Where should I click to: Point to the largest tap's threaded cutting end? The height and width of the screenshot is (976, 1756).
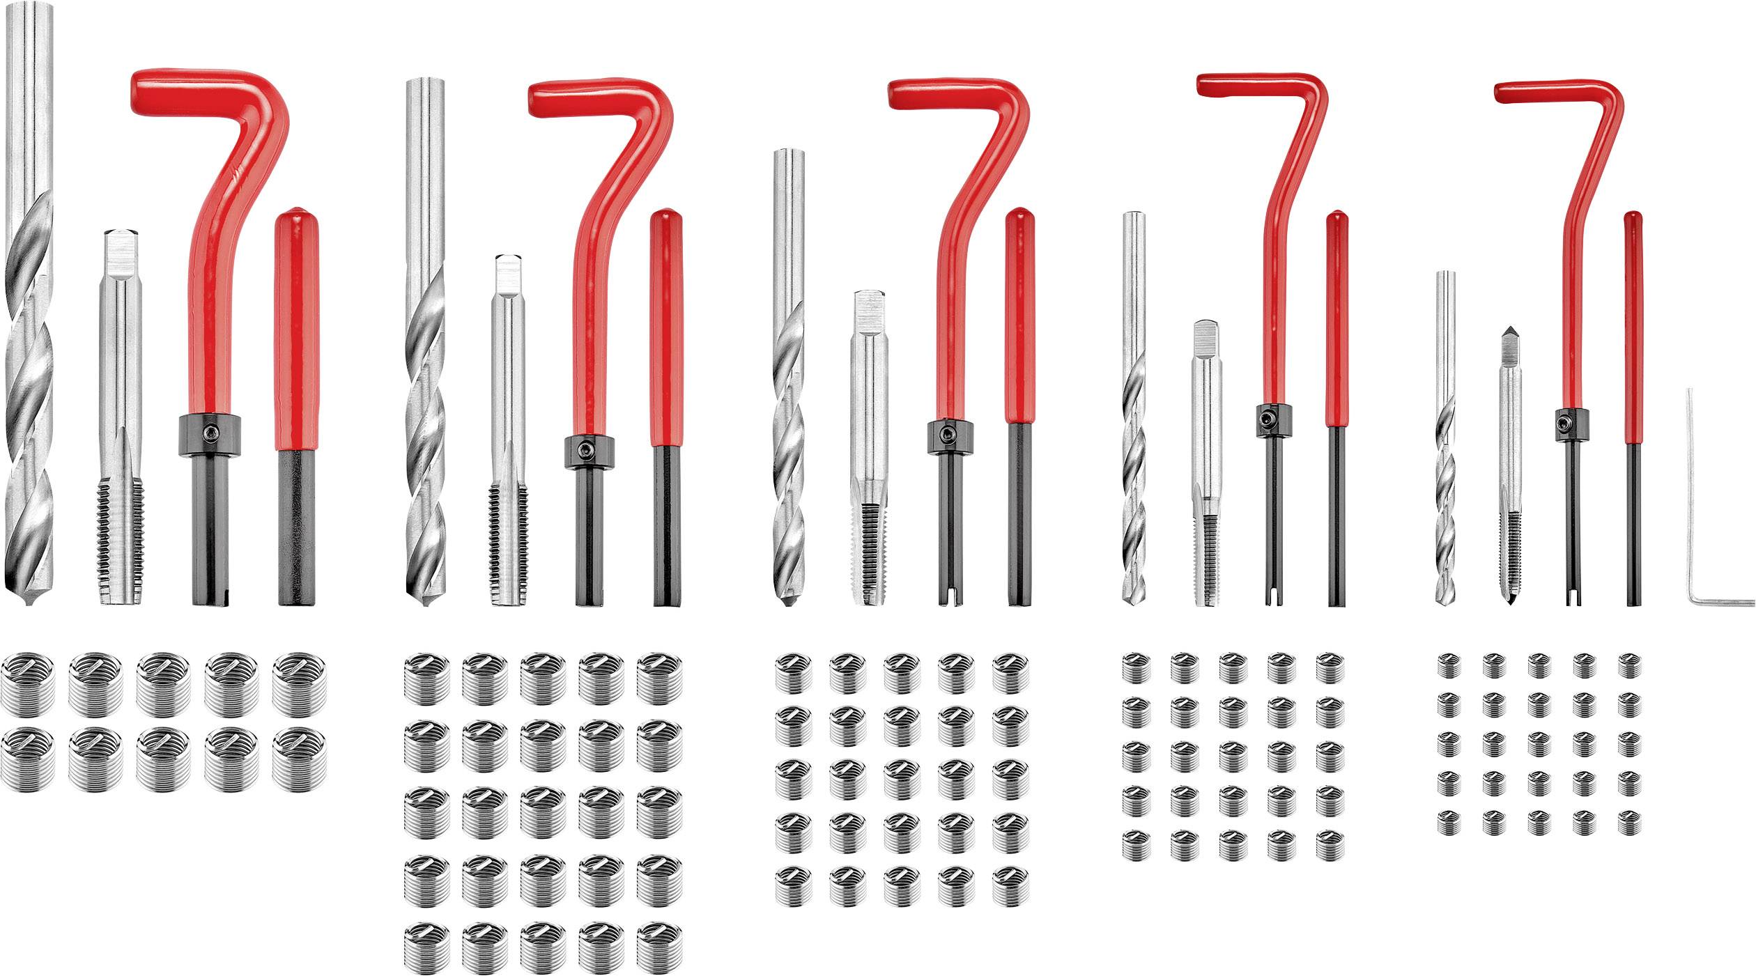pyautogui.click(x=121, y=536)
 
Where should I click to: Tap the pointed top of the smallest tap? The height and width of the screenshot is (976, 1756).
pyautogui.click(x=1509, y=330)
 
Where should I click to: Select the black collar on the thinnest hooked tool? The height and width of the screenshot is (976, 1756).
pyautogui.click(x=1573, y=426)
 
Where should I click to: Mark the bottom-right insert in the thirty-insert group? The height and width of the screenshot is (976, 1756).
pyautogui.click(x=659, y=946)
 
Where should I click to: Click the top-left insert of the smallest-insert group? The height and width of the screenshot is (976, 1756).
pyautogui.click(x=1449, y=665)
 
